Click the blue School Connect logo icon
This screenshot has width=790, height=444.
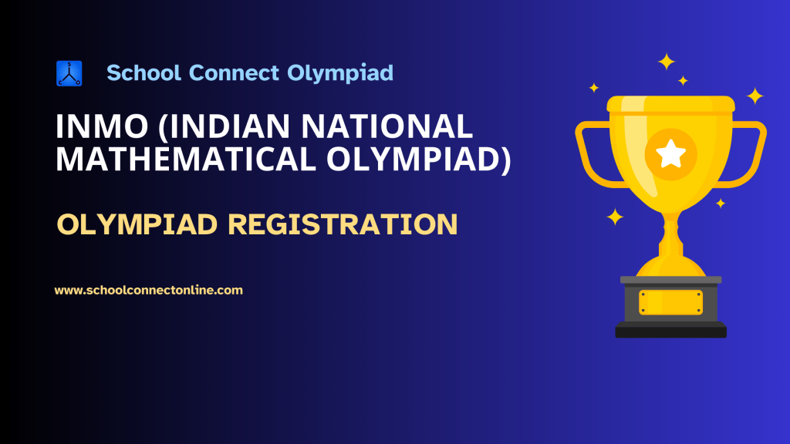(x=69, y=73)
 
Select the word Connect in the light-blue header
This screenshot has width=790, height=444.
(x=234, y=73)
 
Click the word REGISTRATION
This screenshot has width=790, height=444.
(x=343, y=224)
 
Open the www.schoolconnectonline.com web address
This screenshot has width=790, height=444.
(x=149, y=291)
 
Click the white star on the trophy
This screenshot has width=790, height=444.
(x=670, y=154)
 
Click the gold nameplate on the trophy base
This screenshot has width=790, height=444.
(x=670, y=302)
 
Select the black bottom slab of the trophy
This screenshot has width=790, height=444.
(x=670, y=331)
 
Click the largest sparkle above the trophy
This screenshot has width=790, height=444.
(x=667, y=62)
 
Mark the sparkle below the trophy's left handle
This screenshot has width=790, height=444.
(x=615, y=217)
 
